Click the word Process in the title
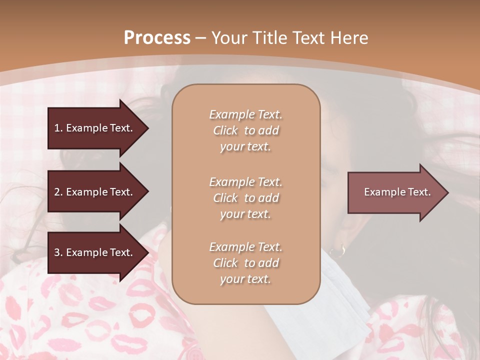[x=157, y=38]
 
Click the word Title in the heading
[x=268, y=38]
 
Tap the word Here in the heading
[x=348, y=38]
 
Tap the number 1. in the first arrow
[x=58, y=128]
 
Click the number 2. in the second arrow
[x=58, y=192]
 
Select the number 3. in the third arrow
[x=58, y=252]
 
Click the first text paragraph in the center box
[x=245, y=130]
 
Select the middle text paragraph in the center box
[x=245, y=198]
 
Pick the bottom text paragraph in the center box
[x=245, y=263]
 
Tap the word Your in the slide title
[x=230, y=38]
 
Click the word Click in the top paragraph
[x=225, y=130]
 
